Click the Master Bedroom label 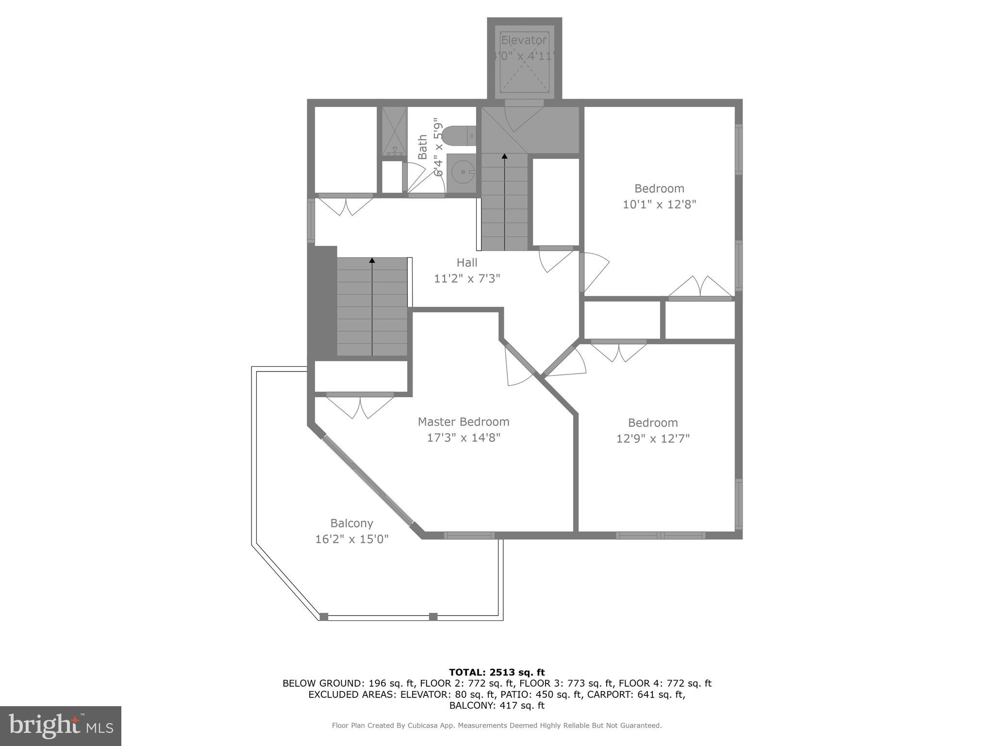coord(464,422)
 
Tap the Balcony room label coord(351,523)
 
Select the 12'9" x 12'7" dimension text coord(653,439)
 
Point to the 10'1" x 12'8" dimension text coord(659,204)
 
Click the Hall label coord(467,263)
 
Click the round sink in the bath coord(462,171)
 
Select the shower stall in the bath coord(394,131)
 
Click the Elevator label coord(524,40)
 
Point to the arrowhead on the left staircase coord(372,261)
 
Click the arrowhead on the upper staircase coord(504,156)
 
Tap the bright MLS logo coord(61,726)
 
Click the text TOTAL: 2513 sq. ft coord(497,672)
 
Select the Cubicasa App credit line coord(497,726)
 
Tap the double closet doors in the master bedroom coord(360,407)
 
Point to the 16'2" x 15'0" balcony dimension coord(351,539)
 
